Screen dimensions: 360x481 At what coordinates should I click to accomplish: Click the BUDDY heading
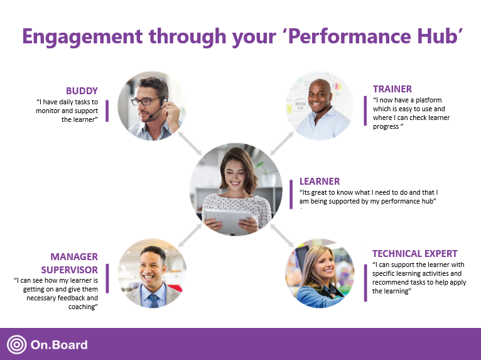82,90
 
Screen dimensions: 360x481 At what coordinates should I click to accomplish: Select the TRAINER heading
392,89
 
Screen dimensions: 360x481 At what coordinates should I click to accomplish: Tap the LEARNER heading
319,182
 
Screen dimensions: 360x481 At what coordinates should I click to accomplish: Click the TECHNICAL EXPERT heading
414,254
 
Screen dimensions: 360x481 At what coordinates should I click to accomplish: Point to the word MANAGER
74,257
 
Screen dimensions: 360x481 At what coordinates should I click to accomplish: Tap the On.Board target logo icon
16,344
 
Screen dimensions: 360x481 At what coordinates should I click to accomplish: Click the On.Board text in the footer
59,345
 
